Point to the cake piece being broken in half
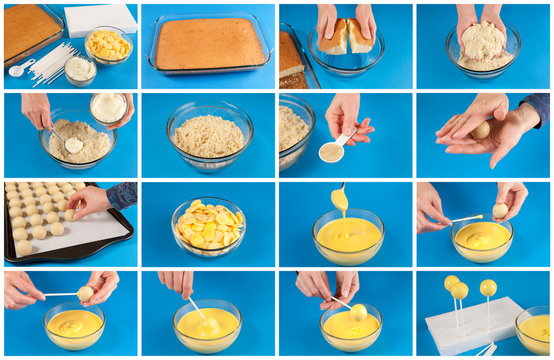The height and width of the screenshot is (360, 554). tap(345, 36)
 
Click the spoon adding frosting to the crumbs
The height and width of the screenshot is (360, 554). tap(70, 143)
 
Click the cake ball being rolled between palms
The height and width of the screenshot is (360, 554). tap(482, 130)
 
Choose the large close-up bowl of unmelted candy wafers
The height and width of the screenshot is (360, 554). tap(208, 224)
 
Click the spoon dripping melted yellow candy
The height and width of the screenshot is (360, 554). tap(340, 199)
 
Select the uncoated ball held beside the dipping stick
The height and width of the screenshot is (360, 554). tap(499, 211)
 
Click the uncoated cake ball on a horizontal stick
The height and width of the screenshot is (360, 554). tap(85, 294)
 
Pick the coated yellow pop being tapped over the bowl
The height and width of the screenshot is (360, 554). tap(358, 312)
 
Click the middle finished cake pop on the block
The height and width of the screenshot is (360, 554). tap(460, 291)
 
